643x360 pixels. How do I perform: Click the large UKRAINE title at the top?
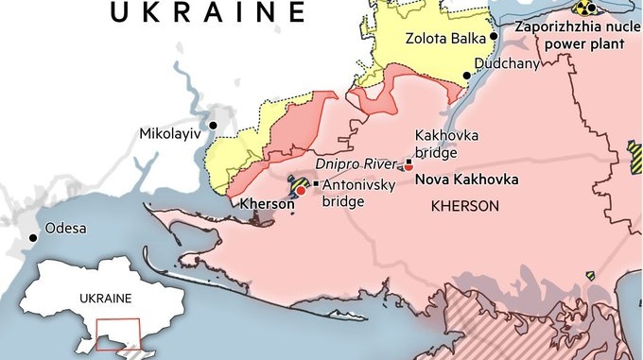point(208,11)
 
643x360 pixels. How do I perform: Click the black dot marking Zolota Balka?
point(494,37)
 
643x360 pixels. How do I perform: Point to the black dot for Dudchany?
point(466,76)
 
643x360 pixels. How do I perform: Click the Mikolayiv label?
point(170,133)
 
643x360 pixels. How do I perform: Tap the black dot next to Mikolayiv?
point(215,125)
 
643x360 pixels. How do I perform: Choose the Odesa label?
point(65,229)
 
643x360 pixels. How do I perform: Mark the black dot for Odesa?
point(34,238)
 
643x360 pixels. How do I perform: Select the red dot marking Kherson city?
point(301,190)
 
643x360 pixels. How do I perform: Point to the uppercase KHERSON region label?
point(464,205)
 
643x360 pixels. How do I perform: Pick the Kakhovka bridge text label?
point(443,143)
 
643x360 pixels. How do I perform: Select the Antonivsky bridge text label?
point(358,192)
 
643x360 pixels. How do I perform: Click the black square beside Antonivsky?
point(315,183)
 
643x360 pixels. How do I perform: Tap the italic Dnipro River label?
point(368,163)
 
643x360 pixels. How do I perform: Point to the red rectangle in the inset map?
point(117,335)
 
